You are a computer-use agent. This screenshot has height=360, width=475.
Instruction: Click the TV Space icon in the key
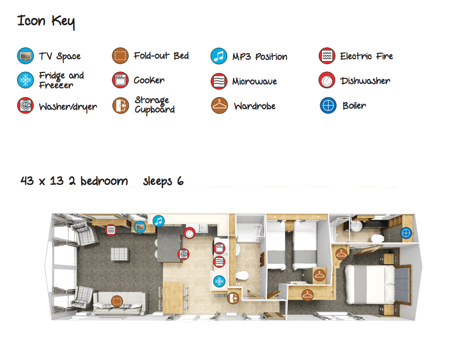pos(25,55)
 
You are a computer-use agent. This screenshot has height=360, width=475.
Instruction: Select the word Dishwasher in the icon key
pos(365,81)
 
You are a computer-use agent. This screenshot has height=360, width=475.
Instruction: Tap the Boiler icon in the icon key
pos(327,105)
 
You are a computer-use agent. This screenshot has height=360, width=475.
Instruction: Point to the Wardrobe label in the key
pos(255,106)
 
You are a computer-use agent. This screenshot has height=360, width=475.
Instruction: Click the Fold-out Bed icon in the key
pos(120,55)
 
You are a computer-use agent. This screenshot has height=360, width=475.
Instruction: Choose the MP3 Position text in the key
pos(259,57)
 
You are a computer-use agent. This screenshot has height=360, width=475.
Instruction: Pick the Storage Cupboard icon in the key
pos(120,105)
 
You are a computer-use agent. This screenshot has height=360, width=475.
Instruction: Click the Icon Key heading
pos(46,22)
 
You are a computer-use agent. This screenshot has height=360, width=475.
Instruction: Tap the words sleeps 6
pos(163,181)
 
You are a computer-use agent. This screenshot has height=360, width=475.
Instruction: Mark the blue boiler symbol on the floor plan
pos(406,233)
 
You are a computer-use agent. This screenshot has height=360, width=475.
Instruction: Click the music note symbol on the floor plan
pos(158,221)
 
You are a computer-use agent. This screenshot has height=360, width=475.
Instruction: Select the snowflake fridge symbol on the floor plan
pos(219,282)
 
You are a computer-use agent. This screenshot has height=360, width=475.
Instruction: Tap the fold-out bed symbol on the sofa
pos(116,300)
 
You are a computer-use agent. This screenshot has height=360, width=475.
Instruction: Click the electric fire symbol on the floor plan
pos(111,229)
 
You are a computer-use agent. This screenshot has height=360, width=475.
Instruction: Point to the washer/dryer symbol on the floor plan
pos(183,254)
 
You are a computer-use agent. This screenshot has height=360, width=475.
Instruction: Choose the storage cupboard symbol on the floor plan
pos(234,298)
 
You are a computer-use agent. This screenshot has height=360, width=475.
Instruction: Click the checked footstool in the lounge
pos(120,254)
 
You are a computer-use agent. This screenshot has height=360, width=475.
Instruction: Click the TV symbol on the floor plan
pos(140,226)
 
